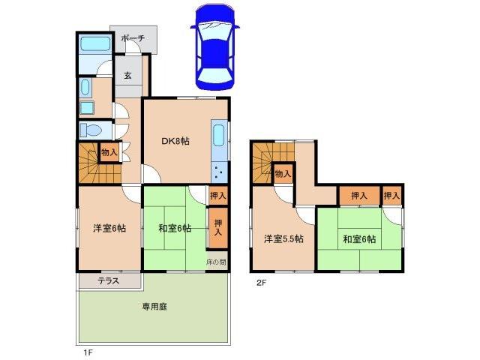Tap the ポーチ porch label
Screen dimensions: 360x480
click(x=133, y=38)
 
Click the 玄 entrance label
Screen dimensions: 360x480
click(x=127, y=74)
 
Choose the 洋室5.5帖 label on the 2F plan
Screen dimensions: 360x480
click(x=283, y=239)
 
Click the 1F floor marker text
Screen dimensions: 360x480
click(x=88, y=350)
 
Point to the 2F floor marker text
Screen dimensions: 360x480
click(x=261, y=283)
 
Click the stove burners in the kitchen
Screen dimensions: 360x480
click(x=218, y=173)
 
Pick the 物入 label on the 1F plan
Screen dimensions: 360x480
click(x=109, y=153)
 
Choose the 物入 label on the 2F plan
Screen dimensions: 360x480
click(x=283, y=174)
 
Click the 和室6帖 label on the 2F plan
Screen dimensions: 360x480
click(x=360, y=239)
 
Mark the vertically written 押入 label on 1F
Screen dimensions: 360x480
click(x=217, y=227)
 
